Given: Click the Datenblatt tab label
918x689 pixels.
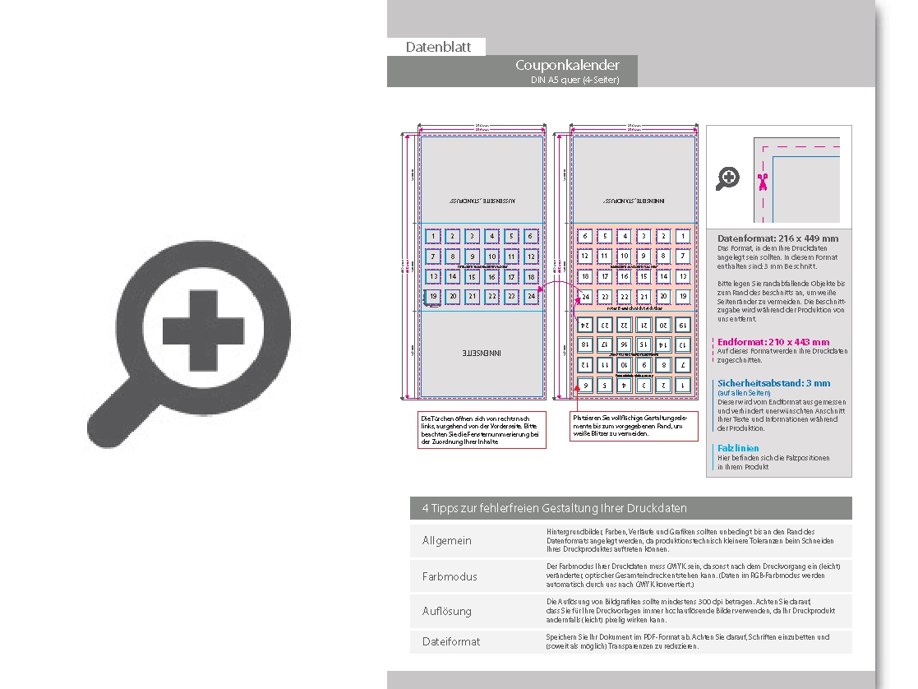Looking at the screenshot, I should [438, 47].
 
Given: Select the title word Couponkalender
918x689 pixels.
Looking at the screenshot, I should [567, 65].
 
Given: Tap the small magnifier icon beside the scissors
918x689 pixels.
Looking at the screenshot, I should [727, 178].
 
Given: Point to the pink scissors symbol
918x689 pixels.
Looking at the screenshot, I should [763, 182].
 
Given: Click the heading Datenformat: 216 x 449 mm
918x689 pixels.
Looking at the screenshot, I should [777, 238].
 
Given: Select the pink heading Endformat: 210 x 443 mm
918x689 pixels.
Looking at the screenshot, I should [773, 342].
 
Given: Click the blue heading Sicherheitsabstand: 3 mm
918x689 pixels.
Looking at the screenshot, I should [773, 383].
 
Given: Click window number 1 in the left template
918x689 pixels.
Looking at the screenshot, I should [432, 237].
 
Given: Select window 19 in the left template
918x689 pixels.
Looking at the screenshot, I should [432, 296].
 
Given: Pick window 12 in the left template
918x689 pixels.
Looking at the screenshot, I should [531, 257].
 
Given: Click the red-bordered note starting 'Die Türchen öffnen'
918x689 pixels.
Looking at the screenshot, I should [482, 430].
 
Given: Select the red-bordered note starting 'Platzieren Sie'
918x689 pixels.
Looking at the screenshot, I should [627, 426].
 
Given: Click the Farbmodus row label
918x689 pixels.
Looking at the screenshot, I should [450, 576].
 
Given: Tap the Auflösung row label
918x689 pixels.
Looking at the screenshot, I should [446, 611].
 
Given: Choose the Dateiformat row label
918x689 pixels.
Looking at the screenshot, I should [450, 641].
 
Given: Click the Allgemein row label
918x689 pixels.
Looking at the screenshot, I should [447, 541].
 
